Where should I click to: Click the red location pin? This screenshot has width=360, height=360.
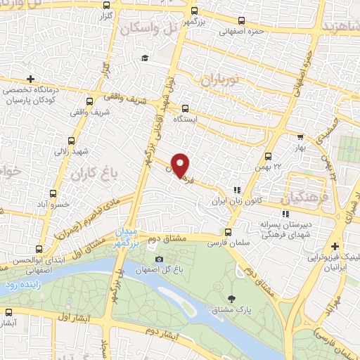[181, 165]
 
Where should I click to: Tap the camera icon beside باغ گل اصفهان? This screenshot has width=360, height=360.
[159, 259]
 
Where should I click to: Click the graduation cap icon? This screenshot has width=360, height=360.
[144, 58]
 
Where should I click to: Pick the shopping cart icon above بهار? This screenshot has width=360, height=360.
[300, 138]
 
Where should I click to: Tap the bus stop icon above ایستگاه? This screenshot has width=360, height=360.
[185, 108]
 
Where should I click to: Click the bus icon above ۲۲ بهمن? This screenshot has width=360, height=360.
[268, 156]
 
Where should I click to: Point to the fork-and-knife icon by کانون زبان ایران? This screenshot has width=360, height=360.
[237, 189]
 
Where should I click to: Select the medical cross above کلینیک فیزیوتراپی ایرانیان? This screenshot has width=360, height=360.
[335, 246]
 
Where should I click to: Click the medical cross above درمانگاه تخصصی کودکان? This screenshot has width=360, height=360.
[29, 79]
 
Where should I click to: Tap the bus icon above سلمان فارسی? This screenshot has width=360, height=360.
[227, 231]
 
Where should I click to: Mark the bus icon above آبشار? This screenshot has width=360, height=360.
[9, 312]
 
